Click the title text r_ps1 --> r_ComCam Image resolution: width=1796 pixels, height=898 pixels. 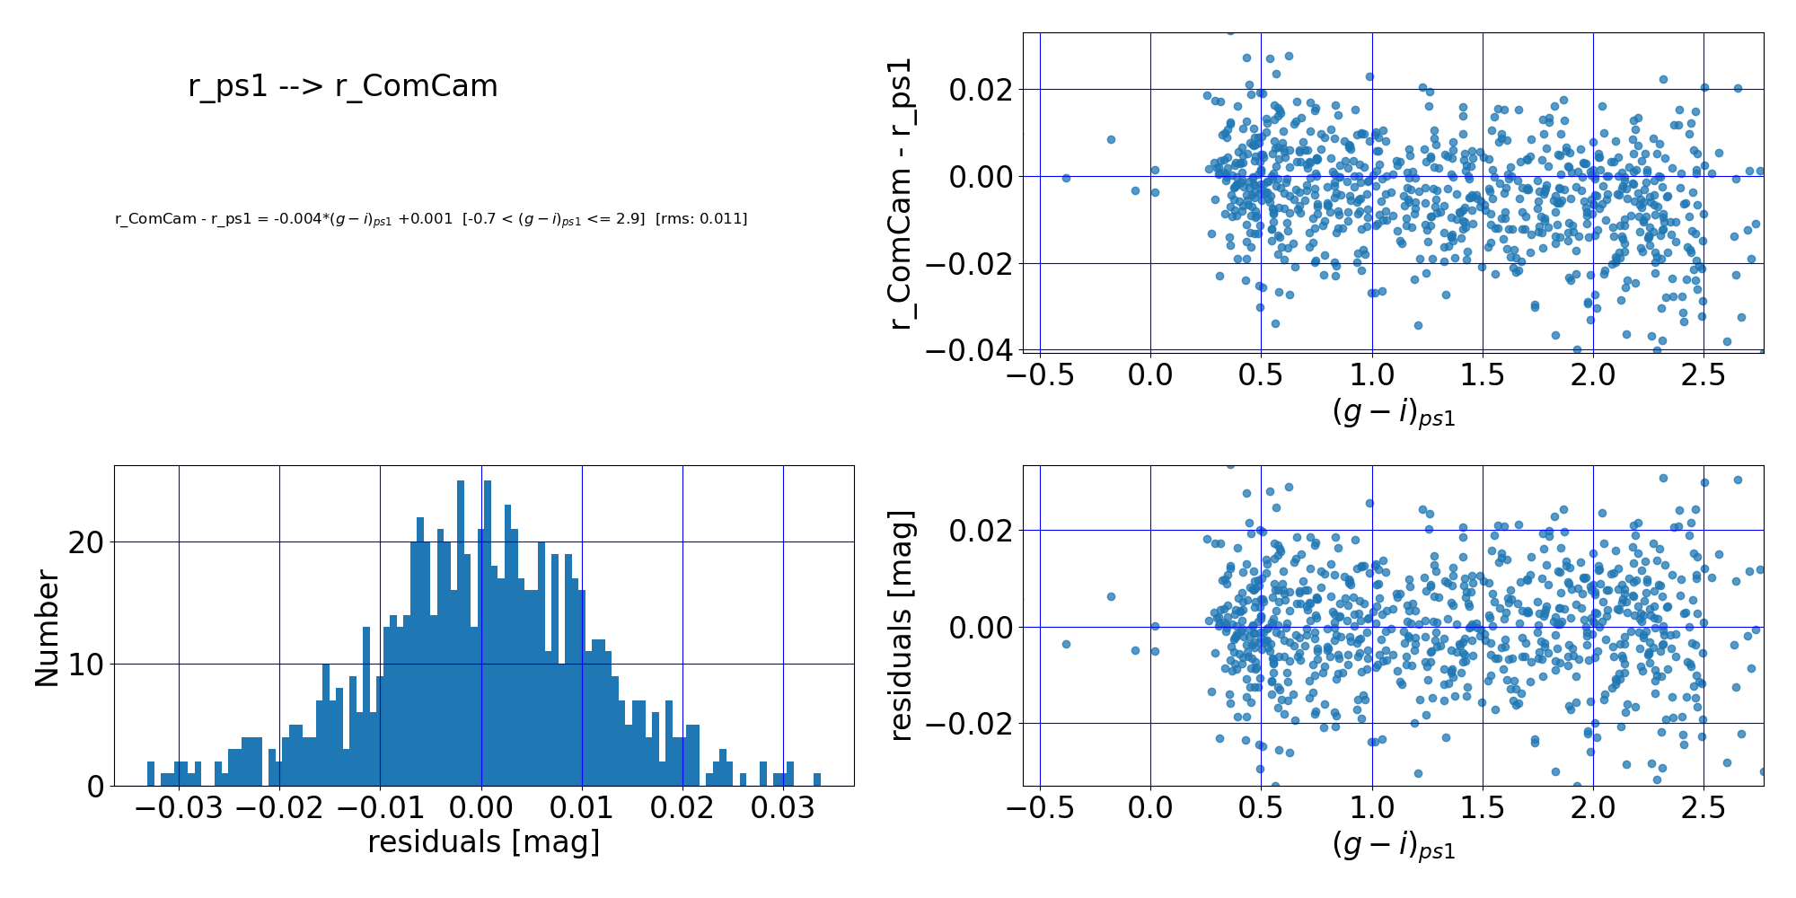342,86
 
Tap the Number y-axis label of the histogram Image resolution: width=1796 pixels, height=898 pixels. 47,629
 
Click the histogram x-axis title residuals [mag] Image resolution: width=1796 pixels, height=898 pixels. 483,842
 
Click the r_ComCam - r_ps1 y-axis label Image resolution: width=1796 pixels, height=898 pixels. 901,193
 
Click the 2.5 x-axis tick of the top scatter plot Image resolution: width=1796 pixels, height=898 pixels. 1704,375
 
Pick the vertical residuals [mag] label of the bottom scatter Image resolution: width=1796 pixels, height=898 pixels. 901,626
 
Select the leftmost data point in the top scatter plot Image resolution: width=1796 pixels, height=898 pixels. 1066,178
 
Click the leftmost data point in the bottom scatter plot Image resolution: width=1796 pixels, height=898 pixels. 1066,644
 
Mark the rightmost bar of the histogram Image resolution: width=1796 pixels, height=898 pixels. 817,779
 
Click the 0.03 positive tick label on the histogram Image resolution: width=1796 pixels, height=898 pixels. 783,808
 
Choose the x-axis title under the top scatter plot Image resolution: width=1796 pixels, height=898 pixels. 1393,413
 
